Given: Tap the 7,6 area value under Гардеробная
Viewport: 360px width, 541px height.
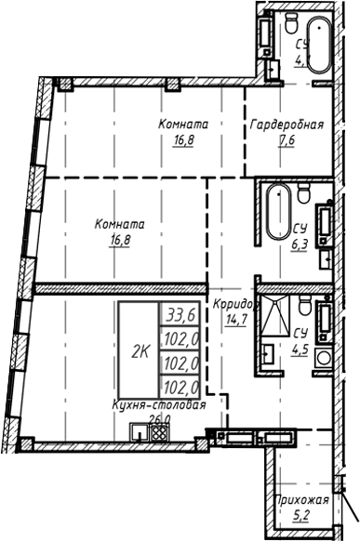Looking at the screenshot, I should click(x=286, y=142).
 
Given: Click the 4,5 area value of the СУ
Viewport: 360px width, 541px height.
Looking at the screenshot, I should click(x=300, y=350).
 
